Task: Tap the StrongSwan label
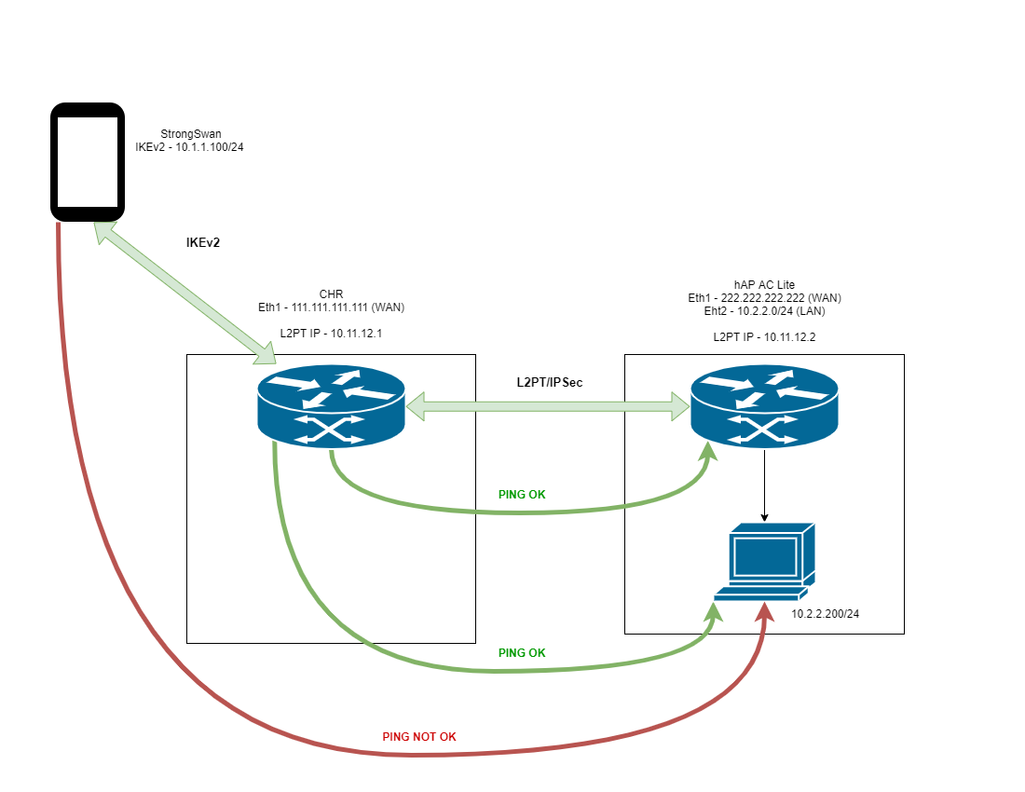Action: click(191, 134)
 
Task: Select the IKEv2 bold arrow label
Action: click(202, 242)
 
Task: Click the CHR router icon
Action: click(332, 406)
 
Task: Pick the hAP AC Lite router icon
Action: click(764, 406)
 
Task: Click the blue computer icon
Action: click(764, 561)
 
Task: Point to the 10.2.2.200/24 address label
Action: click(825, 614)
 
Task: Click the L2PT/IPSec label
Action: click(549, 382)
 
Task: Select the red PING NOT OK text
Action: click(419, 736)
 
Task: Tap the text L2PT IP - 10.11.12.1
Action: click(331, 334)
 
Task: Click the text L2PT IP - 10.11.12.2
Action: click(764, 337)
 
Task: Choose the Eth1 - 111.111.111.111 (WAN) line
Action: click(331, 307)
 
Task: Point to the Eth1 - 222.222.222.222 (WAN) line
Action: click(764, 298)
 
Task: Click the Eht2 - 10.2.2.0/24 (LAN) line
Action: click(764, 311)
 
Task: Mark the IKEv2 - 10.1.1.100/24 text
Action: click(189, 147)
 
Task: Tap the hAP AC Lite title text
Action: click(764, 285)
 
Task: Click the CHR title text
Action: click(331, 294)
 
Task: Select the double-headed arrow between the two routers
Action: click(548, 406)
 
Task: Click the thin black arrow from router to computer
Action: click(764, 485)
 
